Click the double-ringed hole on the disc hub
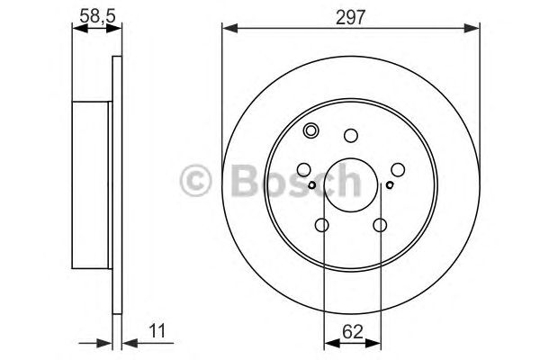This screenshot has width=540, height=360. [x=311, y=130]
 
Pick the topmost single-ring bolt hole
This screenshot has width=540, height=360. [x=351, y=136]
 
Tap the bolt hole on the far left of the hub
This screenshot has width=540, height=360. [x=303, y=169]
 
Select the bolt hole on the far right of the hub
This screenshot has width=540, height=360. [x=399, y=169]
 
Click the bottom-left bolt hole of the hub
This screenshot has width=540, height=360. [x=322, y=225]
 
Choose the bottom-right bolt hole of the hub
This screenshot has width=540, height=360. [x=381, y=225]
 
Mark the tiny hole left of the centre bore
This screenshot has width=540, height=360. [x=311, y=186]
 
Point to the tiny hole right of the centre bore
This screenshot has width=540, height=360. [x=390, y=186]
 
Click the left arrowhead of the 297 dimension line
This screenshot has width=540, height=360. [x=228, y=30]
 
